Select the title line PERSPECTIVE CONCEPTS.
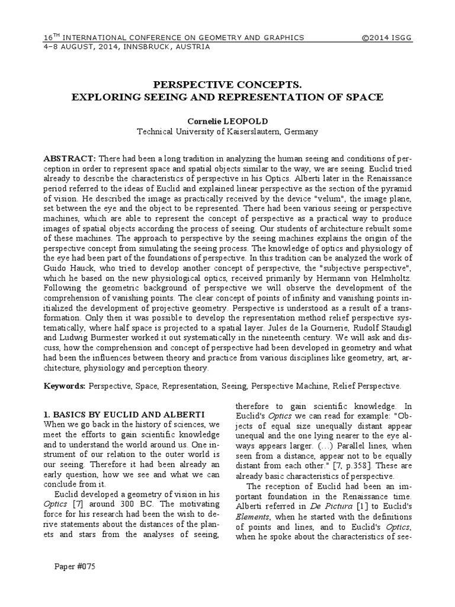(x=227, y=83)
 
